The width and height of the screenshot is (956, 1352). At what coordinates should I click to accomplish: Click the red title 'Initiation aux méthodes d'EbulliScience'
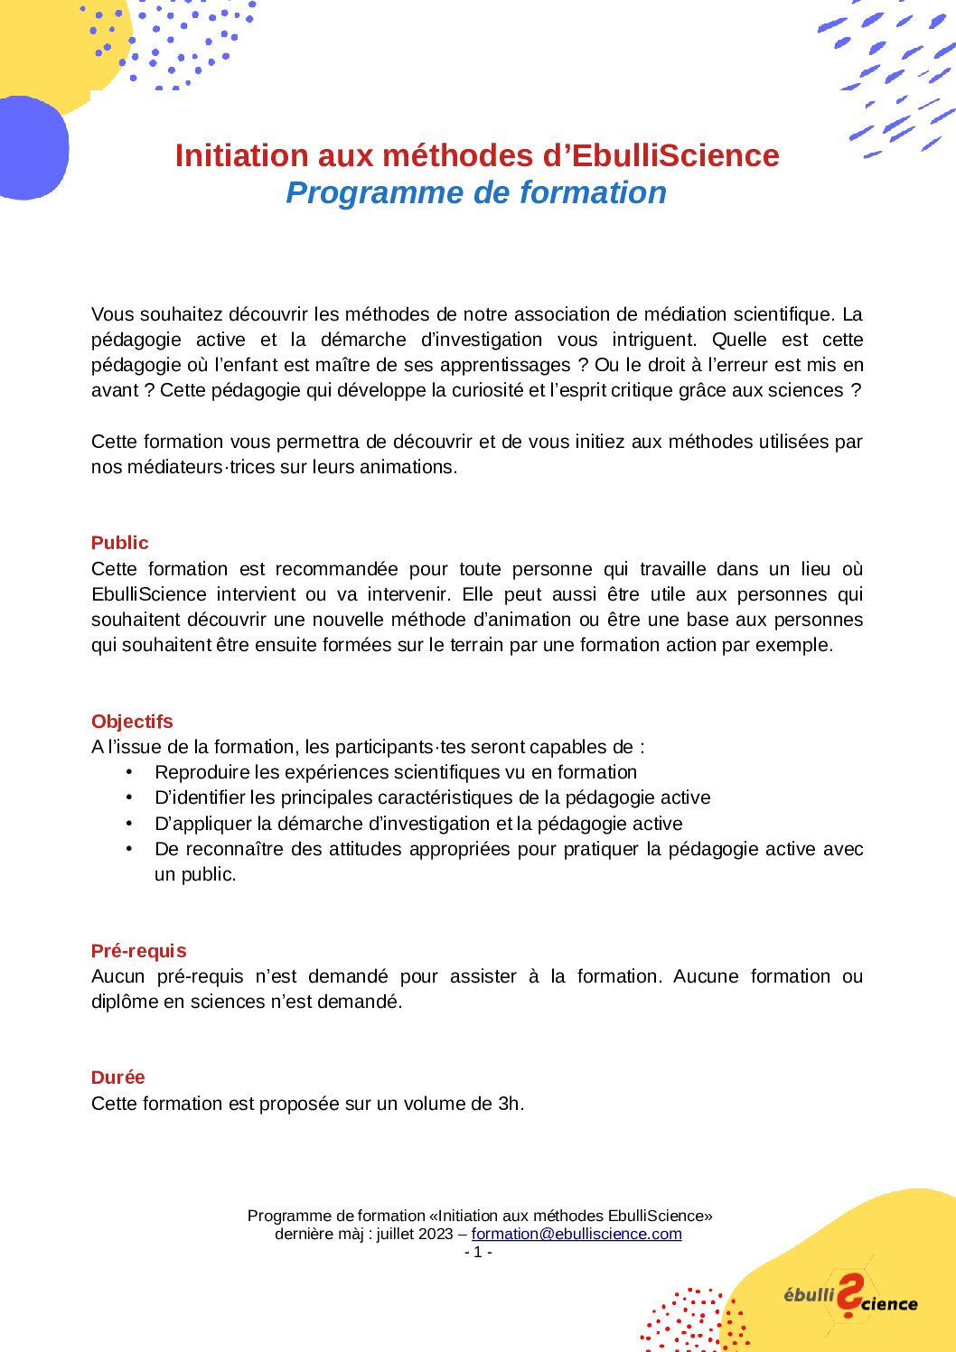pyautogui.click(x=477, y=155)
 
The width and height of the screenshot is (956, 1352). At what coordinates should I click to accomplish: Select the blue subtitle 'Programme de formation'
pyautogui.click(x=476, y=192)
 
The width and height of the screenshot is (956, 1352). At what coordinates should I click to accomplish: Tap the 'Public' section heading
pyautogui.click(x=119, y=543)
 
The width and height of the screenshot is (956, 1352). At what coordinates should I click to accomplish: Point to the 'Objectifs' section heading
pyautogui.click(x=132, y=722)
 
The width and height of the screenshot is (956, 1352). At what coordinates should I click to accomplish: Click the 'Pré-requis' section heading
pyautogui.click(x=138, y=951)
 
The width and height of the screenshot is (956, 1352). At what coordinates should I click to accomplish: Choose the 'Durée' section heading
pyautogui.click(x=117, y=1077)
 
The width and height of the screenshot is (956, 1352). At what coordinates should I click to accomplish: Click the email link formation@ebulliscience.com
pyautogui.click(x=576, y=1234)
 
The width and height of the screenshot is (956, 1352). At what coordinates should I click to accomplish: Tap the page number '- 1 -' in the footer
pyautogui.click(x=478, y=1252)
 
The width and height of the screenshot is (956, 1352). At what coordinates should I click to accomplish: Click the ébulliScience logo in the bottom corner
pyautogui.click(x=850, y=1298)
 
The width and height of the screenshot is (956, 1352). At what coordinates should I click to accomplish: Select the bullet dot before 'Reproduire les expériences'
pyautogui.click(x=129, y=772)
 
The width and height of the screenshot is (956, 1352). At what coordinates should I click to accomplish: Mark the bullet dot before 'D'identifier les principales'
pyautogui.click(x=129, y=797)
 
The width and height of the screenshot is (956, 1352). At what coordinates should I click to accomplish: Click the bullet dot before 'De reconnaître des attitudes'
pyautogui.click(x=129, y=849)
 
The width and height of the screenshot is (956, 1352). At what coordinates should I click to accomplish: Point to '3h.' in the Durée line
pyautogui.click(x=511, y=1104)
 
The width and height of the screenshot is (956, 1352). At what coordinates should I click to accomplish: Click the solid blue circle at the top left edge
pyautogui.click(x=31, y=147)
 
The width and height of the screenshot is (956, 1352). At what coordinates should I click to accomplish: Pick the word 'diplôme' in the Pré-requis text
pyautogui.click(x=125, y=1002)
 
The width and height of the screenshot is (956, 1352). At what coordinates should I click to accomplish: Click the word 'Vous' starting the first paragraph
pyautogui.click(x=112, y=314)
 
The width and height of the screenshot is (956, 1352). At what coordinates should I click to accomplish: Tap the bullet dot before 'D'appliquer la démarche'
pyautogui.click(x=129, y=824)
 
